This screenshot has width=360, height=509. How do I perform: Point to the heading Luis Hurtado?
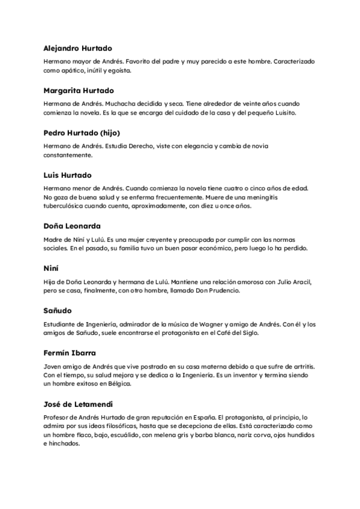(68, 175)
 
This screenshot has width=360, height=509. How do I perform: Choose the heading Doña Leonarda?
(72, 226)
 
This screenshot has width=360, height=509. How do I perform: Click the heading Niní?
(52, 268)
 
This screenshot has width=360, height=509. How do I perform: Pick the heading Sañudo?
(58, 310)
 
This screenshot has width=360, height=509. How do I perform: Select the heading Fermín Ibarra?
(70, 353)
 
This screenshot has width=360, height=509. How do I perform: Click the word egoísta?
(119, 70)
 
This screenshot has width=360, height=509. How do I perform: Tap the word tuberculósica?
(68, 206)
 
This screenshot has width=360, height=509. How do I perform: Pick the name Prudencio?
(224, 291)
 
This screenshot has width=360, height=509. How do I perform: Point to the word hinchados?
(64, 444)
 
